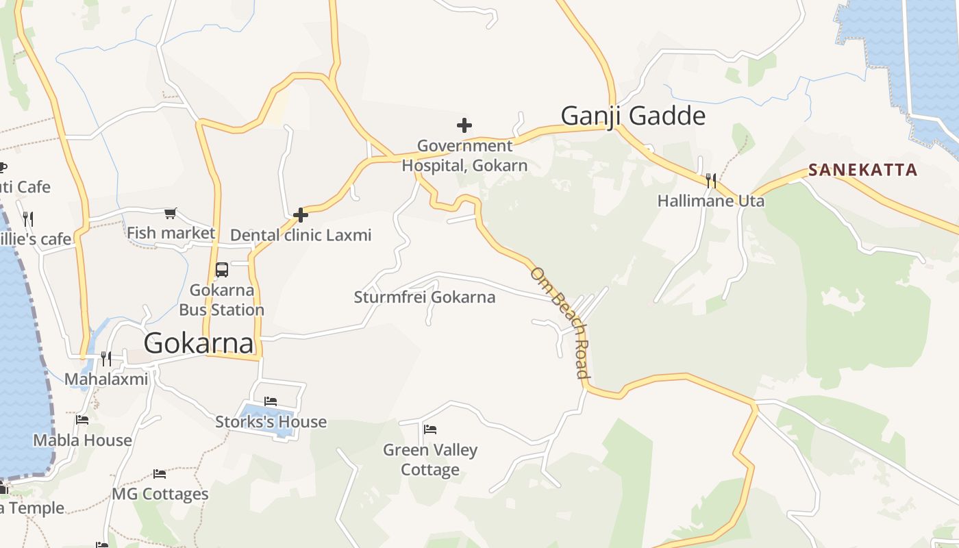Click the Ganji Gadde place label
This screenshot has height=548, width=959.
tap(633, 116)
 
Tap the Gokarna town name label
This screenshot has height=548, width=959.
tap(199, 342)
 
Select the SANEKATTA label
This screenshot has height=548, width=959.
tap(862, 170)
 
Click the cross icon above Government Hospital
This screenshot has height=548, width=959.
tap(464, 125)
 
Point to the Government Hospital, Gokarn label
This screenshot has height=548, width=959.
tap(464, 155)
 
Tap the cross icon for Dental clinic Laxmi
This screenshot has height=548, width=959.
tap(300, 215)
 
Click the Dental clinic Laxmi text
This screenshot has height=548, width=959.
tap(301, 235)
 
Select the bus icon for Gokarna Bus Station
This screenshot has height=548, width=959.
tap(222, 269)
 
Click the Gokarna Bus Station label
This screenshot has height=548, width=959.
tap(221, 299)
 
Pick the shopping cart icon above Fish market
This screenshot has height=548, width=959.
tap(171, 214)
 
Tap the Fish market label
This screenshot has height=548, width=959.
tap(171, 233)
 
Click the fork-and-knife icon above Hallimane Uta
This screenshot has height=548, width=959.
tap(711, 181)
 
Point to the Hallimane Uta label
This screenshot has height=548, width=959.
tap(710, 201)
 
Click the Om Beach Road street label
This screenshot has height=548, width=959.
tap(560, 322)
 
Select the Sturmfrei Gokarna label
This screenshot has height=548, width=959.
tap(424, 297)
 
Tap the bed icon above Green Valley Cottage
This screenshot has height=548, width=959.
tap(430, 429)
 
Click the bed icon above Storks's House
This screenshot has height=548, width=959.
tap(271, 401)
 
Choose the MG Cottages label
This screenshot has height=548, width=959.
tap(160, 494)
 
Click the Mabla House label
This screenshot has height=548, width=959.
tap(82, 440)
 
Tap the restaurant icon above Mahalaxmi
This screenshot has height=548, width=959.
tap(105, 358)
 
